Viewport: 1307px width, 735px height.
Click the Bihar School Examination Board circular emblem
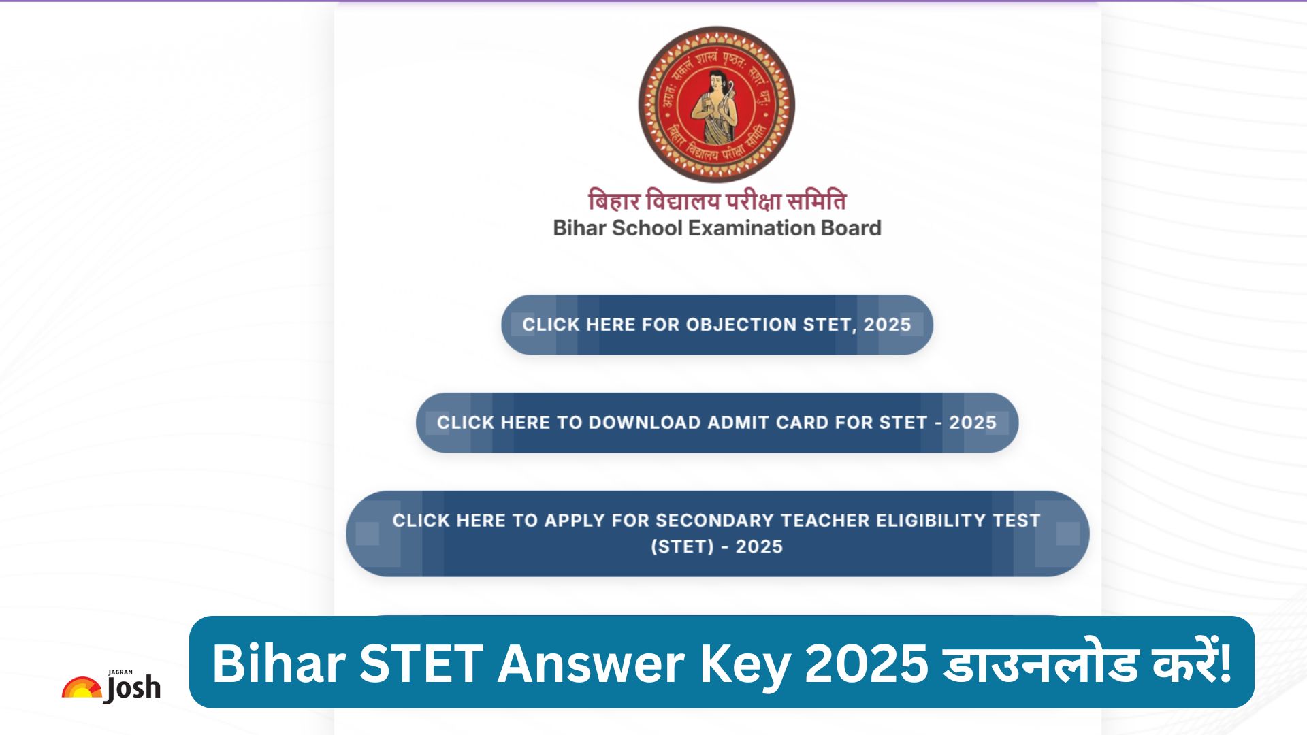(716, 105)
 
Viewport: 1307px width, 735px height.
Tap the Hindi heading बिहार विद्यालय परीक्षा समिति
(717, 201)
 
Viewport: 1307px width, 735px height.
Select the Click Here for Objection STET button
(717, 325)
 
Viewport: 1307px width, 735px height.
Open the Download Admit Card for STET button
(717, 423)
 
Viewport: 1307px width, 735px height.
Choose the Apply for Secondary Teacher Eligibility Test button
(717, 534)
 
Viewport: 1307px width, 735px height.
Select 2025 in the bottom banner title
(866, 664)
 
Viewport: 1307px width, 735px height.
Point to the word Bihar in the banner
(279, 664)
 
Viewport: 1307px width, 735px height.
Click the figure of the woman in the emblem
(715, 105)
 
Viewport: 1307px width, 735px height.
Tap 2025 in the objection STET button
(887, 325)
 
